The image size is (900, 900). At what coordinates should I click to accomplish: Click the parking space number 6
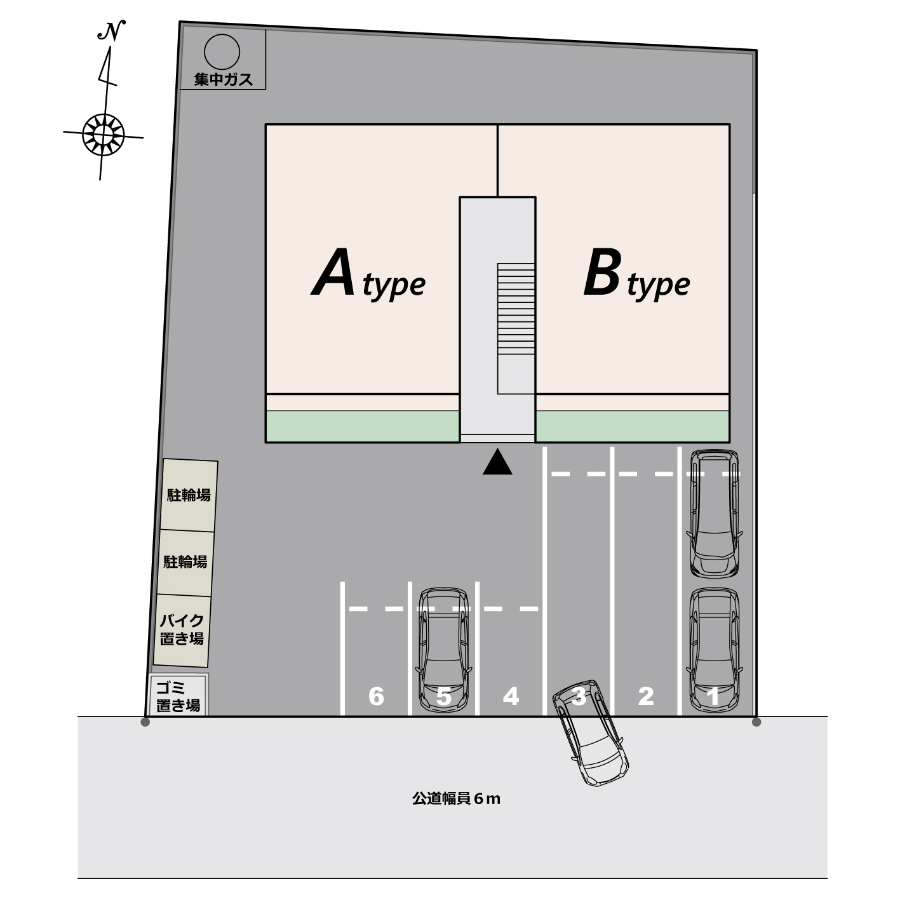[x=376, y=696]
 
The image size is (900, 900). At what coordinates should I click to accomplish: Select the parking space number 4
[x=511, y=696]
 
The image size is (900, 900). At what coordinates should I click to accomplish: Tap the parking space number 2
[x=645, y=696]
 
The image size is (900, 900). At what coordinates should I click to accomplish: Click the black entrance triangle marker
[x=497, y=462]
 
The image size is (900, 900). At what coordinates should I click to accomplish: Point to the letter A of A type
[x=333, y=272]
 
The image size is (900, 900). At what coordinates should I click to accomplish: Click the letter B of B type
[x=603, y=272]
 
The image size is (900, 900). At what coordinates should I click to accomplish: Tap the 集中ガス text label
[x=223, y=79]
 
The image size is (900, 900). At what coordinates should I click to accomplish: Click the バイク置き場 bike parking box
[x=182, y=631]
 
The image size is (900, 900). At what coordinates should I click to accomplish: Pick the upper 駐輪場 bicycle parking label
[x=189, y=495]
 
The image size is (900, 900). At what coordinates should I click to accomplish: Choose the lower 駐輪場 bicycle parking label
[x=185, y=561]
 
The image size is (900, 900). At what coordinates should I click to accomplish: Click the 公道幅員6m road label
[x=456, y=798]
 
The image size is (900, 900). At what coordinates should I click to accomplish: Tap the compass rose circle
[x=104, y=135]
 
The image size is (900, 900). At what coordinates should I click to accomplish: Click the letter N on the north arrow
[x=111, y=31]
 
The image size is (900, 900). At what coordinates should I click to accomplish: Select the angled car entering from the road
[x=590, y=733]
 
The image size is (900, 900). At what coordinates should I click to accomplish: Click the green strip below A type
[x=363, y=426]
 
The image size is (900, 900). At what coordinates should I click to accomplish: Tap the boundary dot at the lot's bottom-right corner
[x=756, y=722]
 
